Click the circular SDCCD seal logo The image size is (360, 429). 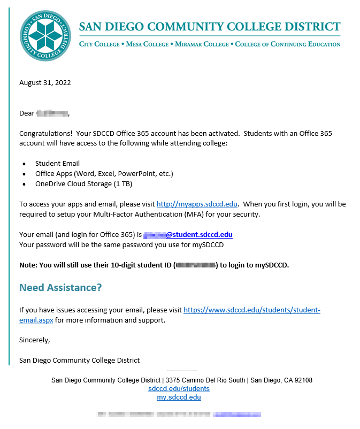coord(45,36)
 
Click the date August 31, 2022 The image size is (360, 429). coord(45,82)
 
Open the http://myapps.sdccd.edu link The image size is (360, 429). coord(197,204)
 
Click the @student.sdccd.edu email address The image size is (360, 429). coord(199,235)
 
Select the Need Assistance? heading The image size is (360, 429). coord(60,288)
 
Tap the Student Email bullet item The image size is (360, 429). coord(57,164)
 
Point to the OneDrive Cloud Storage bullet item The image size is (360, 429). coord(83,184)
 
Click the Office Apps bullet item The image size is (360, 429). coord(104,174)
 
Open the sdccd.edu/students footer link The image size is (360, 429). coord(179,389)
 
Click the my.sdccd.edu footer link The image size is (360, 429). coord(179,397)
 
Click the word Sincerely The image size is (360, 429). coord(34,340)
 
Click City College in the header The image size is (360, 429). coord(99,44)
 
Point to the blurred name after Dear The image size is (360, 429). coord(52,113)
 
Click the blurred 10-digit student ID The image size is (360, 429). coord(196,265)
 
